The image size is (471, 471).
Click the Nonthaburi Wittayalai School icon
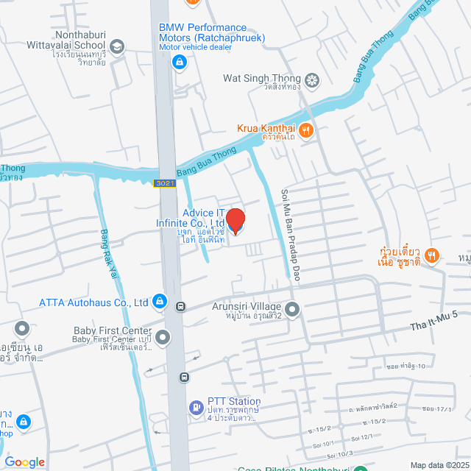(118, 46)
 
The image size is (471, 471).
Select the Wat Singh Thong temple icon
(312, 79)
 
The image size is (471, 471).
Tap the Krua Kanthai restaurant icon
(307, 131)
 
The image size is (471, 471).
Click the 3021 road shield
(164, 183)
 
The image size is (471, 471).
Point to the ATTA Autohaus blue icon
(159, 302)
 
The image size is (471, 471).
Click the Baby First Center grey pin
(162, 338)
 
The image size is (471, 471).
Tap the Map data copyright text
(439, 464)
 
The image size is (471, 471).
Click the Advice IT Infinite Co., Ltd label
(190, 218)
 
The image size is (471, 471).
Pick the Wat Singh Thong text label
(262, 79)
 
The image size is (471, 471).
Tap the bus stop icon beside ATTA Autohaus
(180, 306)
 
